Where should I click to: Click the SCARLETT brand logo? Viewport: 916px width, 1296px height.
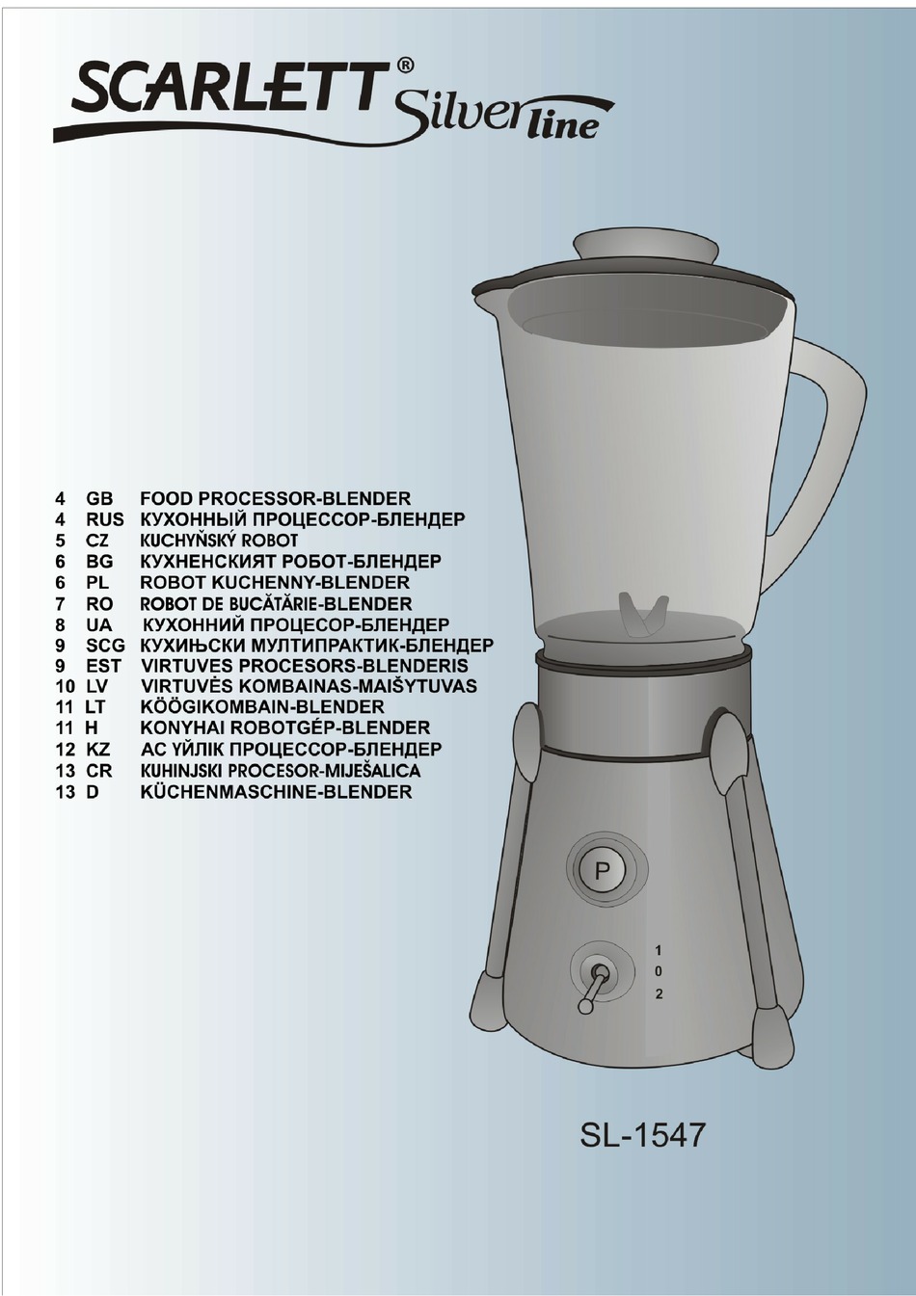coord(227,90)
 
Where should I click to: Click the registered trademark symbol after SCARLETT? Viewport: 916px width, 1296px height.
coord(405,66)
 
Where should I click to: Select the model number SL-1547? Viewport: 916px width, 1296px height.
coord(642,1134)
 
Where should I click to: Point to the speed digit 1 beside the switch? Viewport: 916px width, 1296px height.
coord(659,950)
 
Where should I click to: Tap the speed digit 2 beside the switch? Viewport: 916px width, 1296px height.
coord(659,993)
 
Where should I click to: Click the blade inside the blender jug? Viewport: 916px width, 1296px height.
coord(643,614)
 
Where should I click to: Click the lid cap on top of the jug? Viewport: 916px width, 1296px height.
coord(645,246)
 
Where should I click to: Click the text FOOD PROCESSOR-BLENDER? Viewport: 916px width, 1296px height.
coord(276,498)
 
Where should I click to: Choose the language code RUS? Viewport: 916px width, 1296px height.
coord(104,519)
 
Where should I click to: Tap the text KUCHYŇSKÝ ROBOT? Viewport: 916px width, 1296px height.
coord(219,541)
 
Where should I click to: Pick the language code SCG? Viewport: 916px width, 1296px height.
coord(105,645)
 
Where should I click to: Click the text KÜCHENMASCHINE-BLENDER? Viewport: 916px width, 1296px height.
coord(276,792)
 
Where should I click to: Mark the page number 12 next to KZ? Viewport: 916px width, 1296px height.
coord(65,749)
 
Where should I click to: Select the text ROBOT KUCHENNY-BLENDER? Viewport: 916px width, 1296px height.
coord(275,582)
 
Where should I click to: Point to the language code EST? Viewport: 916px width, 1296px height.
coord(103,666)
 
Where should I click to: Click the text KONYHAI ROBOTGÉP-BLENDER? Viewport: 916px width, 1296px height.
coord(285,727)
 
